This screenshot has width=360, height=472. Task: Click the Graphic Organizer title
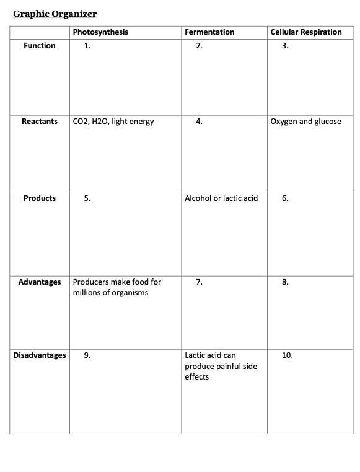click(55, 13)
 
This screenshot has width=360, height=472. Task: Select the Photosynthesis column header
click(100, 32)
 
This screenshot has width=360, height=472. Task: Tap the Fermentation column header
click(209, 32)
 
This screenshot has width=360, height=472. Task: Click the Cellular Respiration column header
click(306, 32)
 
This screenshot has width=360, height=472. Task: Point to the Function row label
click(40, 46)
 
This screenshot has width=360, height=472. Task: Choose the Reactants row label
click(40, 122)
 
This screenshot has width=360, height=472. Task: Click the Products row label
click(40, 198)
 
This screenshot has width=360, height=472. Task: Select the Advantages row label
click(40, 282)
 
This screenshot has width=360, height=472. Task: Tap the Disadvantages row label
click(40, 355)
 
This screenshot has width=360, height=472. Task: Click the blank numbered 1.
click(87, 46)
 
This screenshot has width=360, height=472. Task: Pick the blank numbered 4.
click(199, 122)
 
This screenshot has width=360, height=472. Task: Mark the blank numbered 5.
click(87, 198)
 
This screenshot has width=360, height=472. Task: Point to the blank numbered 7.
click(199, 282)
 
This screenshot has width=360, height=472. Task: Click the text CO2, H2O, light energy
click(113, 122)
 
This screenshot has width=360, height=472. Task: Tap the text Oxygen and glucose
click(306, 122)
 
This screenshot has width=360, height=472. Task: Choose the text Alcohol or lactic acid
click(221, 198)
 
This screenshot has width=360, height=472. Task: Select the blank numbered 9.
click(87, 355)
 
